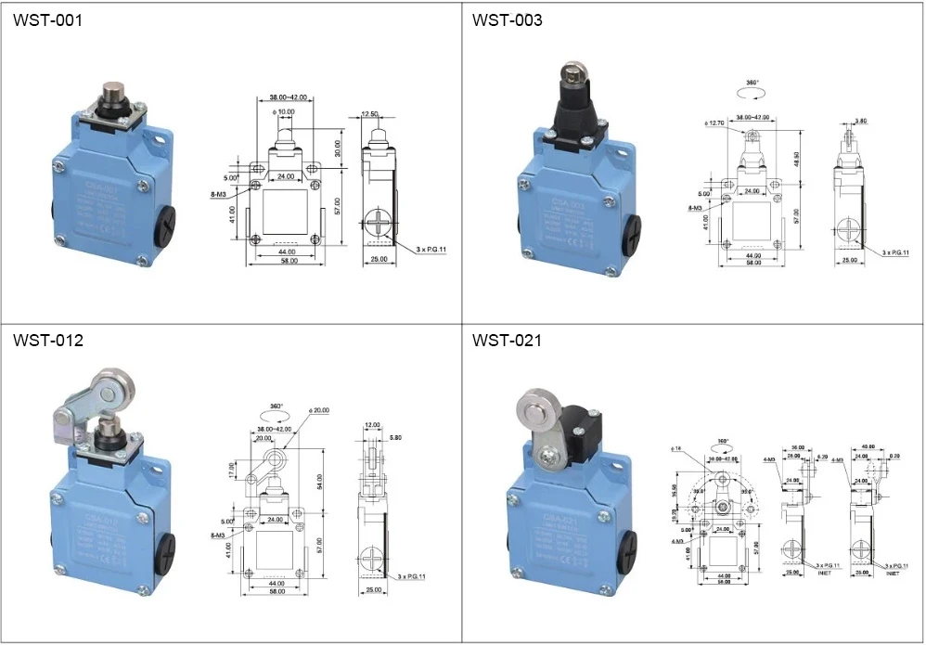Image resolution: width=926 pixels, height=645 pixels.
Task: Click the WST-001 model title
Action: (x=47, y=19)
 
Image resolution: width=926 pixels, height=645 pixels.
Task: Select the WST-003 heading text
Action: (x=508, y=19)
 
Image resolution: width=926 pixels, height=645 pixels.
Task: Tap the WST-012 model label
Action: (x=47, y=341)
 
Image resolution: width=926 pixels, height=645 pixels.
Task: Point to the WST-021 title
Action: (x=508, y=341)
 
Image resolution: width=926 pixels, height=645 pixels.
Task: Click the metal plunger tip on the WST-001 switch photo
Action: (x=112, y=94)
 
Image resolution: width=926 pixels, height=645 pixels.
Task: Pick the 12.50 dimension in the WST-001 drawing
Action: (x=371, y=114)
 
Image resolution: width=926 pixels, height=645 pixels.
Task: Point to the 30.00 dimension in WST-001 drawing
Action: (x=338, y=148)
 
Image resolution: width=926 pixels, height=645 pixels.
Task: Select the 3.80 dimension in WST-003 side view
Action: (x=861, y=121)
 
